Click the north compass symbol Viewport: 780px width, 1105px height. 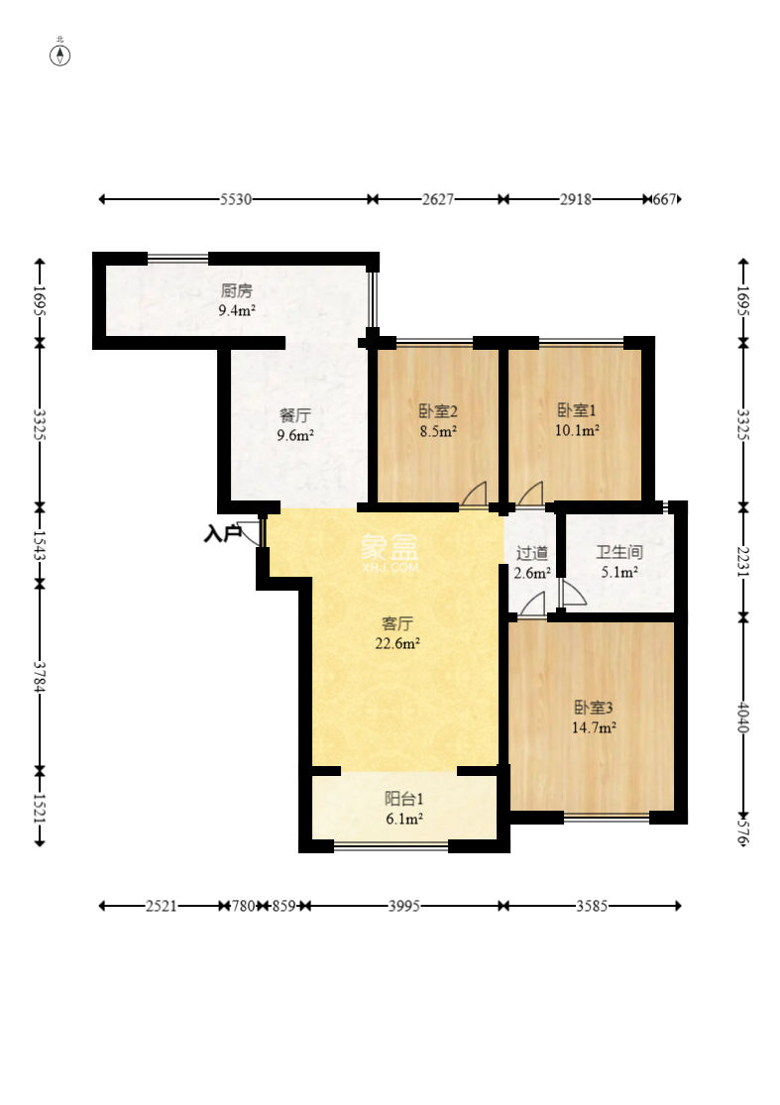coord(60,55)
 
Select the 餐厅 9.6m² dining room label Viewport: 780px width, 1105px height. coord(294,425)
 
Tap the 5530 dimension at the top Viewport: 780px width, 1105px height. coord(235,199)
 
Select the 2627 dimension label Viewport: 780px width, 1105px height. coord(437,199)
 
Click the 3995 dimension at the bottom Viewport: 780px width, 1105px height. coord(404,906)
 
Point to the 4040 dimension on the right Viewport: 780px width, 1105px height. coord(742,718)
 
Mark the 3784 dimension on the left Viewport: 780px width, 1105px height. coord(40,677)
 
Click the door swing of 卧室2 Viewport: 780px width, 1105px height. coord(474,494)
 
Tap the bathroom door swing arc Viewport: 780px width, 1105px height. coord(573,593)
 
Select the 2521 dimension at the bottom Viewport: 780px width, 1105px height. coord(161,906)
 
